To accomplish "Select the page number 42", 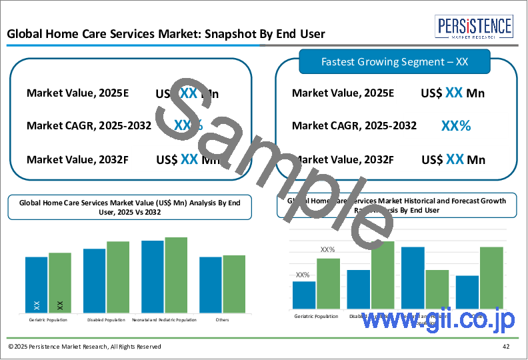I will pos(507,347).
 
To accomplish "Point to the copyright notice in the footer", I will pos(85,347).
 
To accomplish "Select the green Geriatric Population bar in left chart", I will pos(60,283).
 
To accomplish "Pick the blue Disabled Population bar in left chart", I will pos(94,281).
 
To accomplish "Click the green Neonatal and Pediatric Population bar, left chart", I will pos(176,275).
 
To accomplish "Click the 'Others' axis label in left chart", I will pos(223,320).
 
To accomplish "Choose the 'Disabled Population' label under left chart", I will pos(106,320).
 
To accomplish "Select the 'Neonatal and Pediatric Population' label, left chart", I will pos(165,320).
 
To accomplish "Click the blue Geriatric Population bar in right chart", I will pos(304,295).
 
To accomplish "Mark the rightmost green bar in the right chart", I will pos(491,277).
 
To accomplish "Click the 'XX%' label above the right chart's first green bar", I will pos(327,250).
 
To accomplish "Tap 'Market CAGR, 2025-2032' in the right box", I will pos(354,125).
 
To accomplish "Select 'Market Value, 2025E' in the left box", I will pos(77,93).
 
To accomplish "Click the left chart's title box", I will pos(130,207).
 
